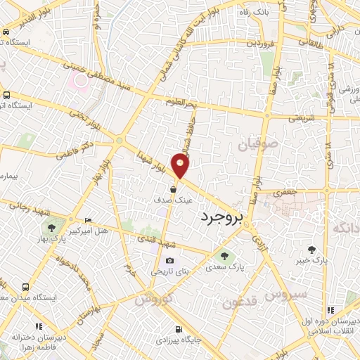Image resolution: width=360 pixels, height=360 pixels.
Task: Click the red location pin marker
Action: click(x=181, y=167)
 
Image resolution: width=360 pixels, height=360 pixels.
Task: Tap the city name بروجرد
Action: click(x=220, y=219)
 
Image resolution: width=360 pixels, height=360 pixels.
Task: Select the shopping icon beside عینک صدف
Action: click(x=173, y=189)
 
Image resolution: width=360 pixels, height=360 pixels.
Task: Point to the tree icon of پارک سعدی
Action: click(x=224, y=256)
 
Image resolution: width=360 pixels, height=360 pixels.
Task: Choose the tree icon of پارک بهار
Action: click(x=51, y=227)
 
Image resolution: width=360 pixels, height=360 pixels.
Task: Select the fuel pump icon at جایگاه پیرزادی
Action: click(x=178, y=328)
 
